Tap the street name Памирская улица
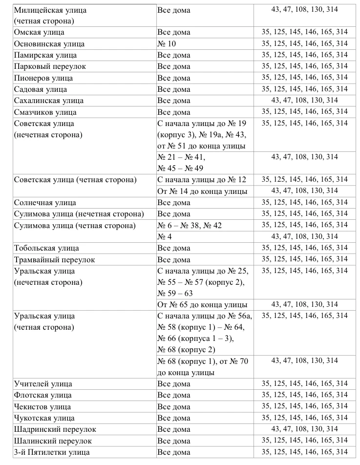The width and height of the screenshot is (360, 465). (x=45, y=55)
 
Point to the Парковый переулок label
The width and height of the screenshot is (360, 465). (x=50, y=66)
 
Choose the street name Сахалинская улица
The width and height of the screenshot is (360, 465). (x=49, y=101)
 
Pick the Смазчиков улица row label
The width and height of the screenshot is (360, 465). (x=45, y=112)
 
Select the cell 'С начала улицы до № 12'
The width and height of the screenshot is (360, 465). (x=202, y=180)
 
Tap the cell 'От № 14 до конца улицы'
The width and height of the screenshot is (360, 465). (x=202, y=191)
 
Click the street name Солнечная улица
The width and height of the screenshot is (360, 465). (x=45, y=203)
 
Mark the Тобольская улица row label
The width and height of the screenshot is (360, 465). (x=46, y=248)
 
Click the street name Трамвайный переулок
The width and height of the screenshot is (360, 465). (x=55, y=260)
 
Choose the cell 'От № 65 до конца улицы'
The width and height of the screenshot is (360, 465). (x=202, y=305)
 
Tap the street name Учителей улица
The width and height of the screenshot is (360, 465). (x=43, y=384)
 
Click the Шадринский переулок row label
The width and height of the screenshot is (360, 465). (x=55, y=429)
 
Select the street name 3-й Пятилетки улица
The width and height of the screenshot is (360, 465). (x=52, y=452)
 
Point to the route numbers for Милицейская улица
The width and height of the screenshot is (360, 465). (x=304, y=10)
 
